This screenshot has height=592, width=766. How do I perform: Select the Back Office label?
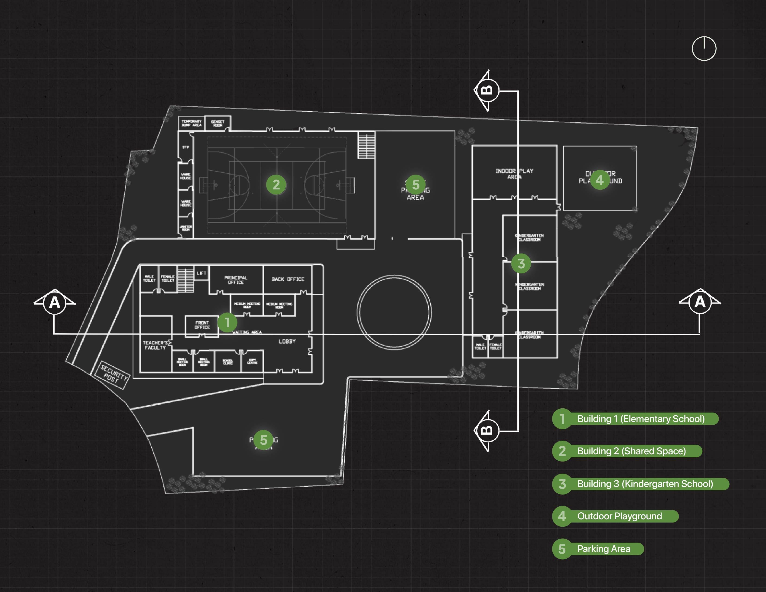coord(288,279)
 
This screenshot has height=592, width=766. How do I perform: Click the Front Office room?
coord(202,325)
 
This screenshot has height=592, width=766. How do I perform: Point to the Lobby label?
coord(287,341)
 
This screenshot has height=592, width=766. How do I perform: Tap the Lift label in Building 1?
coord(201,273)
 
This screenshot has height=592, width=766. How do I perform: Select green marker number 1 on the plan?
coord(227,322)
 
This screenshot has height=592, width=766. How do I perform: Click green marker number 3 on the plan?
coord(521,263)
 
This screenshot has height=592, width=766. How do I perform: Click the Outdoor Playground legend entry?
coord(619,516)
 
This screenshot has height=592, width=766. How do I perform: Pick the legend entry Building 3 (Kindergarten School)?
coord(645,484)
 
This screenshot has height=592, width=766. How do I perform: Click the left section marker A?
coord(54,302)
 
